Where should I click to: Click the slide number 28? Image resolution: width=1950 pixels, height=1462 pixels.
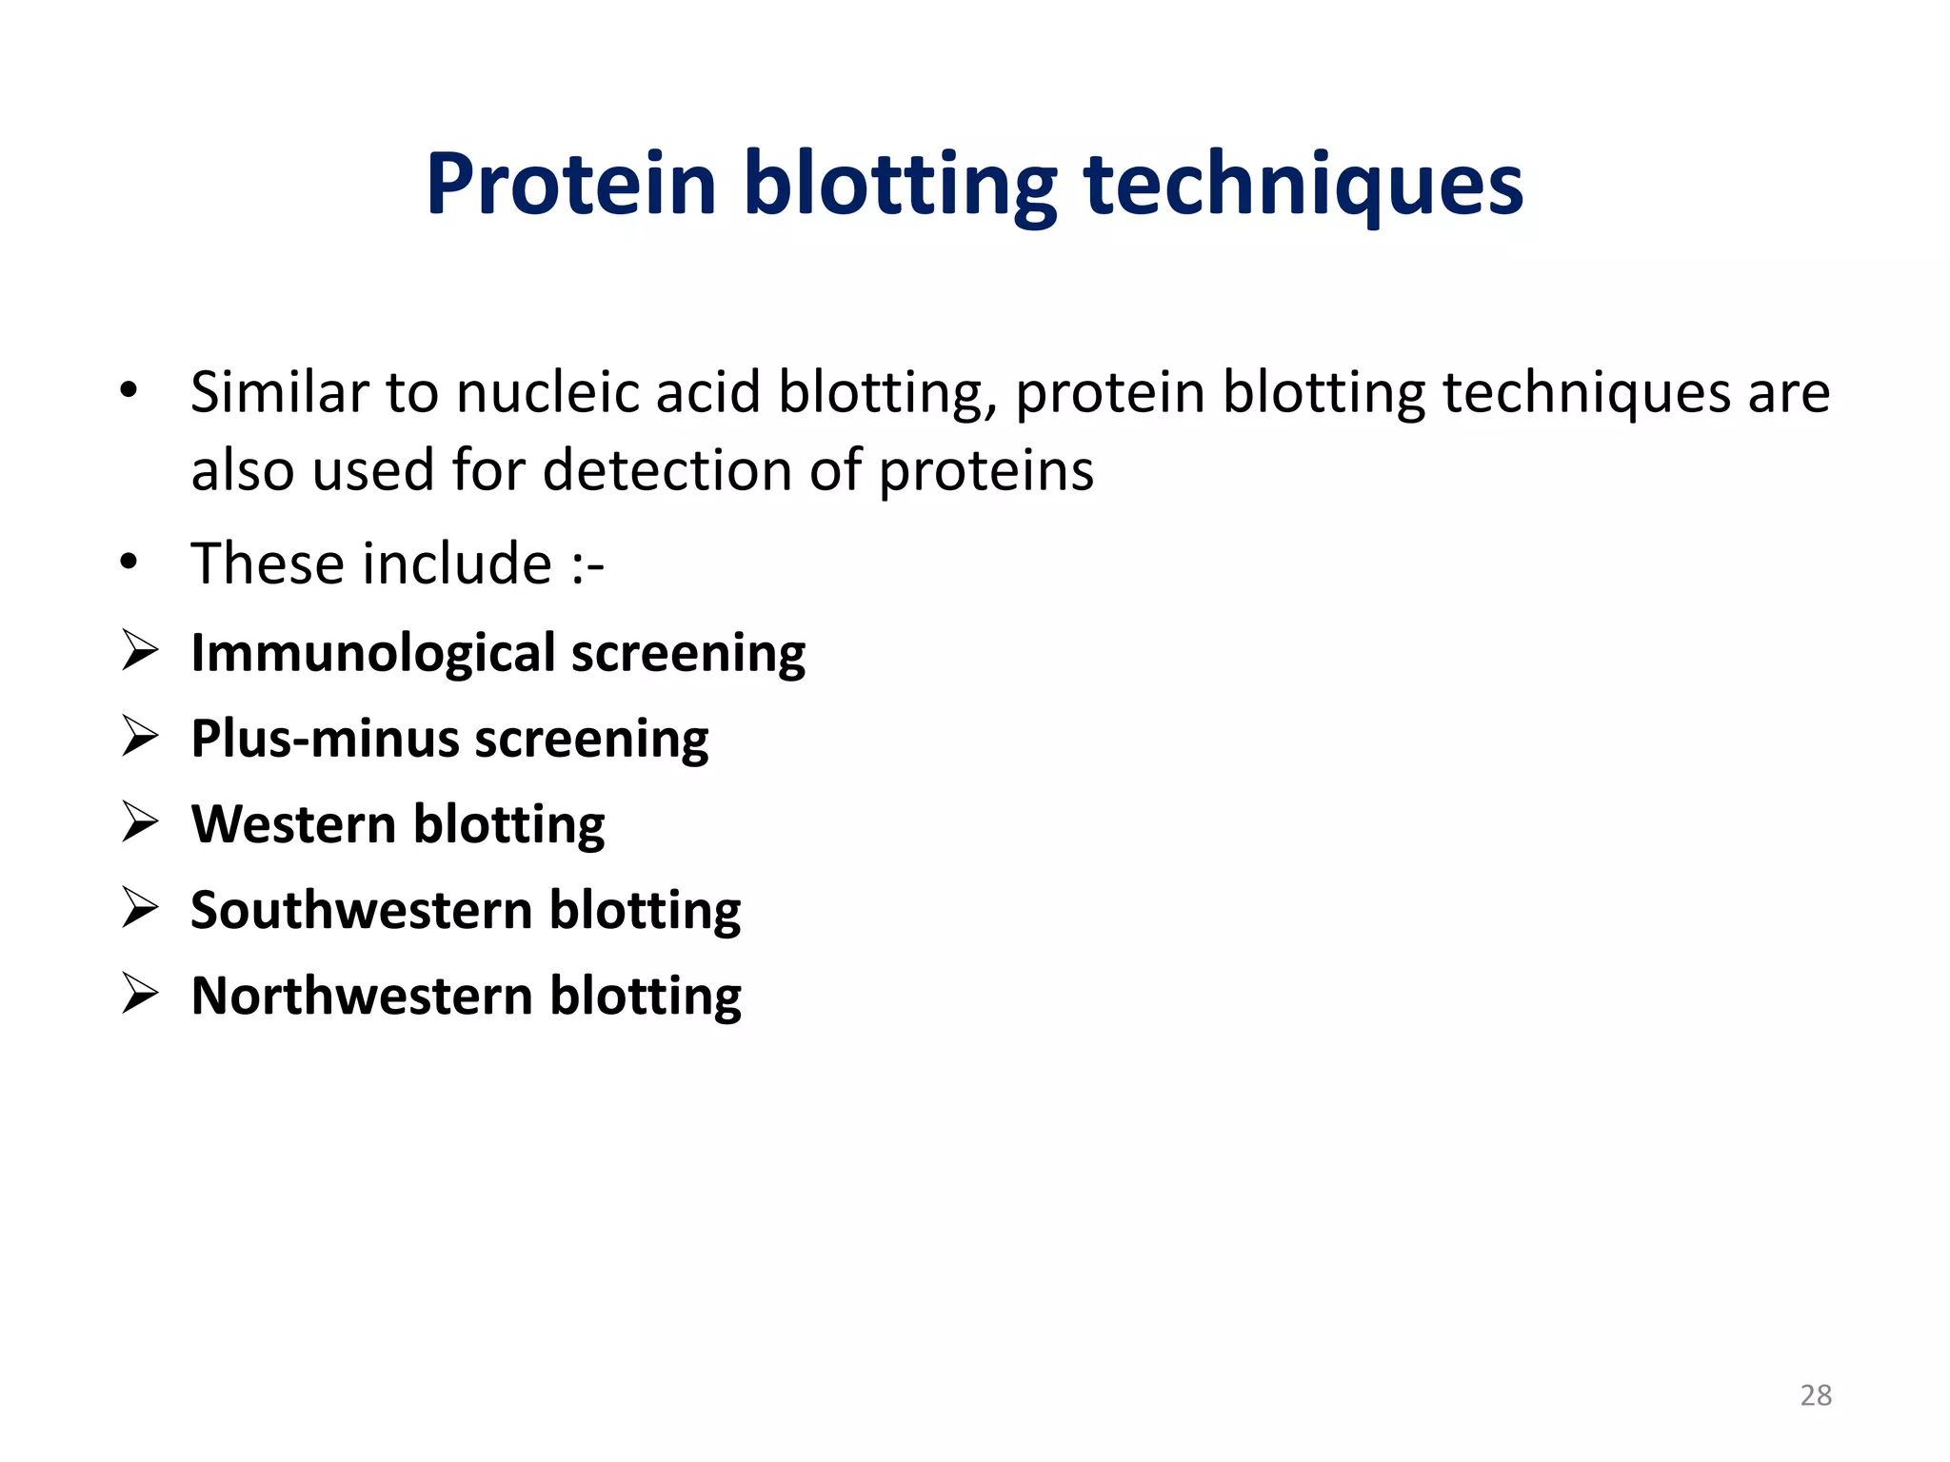click(x=1816, y=1395)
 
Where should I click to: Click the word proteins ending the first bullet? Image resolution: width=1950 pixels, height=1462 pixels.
click(x=985, y=472)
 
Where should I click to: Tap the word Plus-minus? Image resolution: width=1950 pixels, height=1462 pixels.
click(x=325, y=740)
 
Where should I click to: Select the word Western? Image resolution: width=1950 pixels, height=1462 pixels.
click(x=293, y=824)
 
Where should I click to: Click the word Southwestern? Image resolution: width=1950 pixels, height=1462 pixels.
click(x=361, y=910)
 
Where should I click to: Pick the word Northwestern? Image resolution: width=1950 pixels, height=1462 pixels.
click(x=362, y=997)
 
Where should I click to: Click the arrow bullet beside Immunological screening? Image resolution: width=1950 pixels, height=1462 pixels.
click(x=140, y=652)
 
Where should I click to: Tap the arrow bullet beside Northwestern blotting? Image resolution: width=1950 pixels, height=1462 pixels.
click(x=140, y=995)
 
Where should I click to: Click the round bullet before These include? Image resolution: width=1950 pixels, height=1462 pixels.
click(x=129, y=562)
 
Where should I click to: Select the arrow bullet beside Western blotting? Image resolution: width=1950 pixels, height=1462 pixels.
click(x=140, y=823)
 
